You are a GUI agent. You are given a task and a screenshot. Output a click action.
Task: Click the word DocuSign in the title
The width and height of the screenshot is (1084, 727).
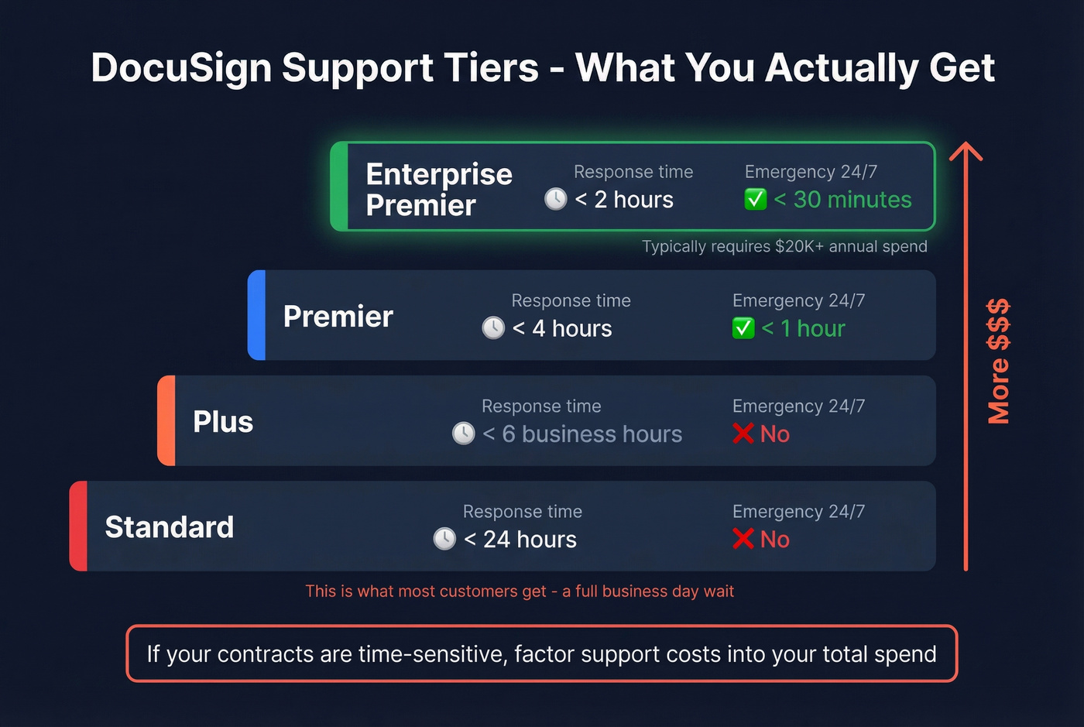tap(180, 68)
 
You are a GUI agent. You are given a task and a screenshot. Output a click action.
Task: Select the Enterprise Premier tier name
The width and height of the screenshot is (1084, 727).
tap(438, 190)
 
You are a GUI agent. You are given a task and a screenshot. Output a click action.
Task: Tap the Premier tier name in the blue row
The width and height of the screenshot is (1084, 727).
tap(338, 317)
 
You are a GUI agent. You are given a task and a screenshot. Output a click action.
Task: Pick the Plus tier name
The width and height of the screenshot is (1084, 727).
tap(223, 422)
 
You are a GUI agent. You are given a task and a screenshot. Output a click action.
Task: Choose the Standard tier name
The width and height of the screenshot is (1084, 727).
tap(169, 527)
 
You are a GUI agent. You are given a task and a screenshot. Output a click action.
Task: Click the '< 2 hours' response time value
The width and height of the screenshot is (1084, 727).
tap(624, 200)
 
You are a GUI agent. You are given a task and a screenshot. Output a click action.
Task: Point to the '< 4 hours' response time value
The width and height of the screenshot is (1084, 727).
tap(562, 328)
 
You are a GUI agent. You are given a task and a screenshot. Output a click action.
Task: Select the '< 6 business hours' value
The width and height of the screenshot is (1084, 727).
tap(582, 434)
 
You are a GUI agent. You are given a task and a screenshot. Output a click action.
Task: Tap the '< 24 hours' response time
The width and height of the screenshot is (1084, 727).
tap(520, 540)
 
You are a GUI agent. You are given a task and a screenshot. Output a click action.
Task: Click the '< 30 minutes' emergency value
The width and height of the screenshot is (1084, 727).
tap(842, 200)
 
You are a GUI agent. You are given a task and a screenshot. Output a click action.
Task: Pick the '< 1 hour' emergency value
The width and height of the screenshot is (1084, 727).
tap(803, 328)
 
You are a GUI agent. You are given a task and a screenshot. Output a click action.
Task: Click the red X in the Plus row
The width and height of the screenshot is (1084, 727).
tap(743, 434)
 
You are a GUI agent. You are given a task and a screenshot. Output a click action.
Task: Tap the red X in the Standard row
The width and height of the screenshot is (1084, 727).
tap(743, 539)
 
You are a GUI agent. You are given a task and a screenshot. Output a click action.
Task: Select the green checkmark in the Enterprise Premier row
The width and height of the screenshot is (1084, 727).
tap(756, 200)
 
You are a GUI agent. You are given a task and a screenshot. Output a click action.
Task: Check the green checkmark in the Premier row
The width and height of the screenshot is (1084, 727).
tap(743, 328)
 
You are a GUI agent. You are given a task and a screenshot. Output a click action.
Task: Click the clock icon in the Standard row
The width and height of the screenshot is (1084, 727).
tap(444, 539)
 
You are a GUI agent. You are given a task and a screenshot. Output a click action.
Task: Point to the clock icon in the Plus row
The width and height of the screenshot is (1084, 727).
tap(464, 434)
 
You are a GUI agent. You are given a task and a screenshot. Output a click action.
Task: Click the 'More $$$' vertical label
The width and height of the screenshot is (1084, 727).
tap(999, 361)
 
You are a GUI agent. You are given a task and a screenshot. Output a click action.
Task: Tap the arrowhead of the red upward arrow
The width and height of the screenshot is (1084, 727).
tap(966, 150)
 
